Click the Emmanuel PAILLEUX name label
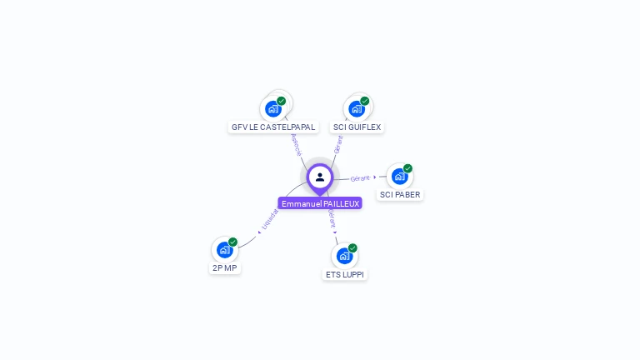click(x=320, y=203)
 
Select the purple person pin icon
click(x=320, y=177)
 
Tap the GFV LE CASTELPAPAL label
click(x=273, y=127)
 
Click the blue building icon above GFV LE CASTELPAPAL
click(x=272, y=109)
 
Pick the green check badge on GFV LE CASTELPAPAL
click(x=282, y=101)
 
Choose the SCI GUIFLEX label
click(x=357, y=127)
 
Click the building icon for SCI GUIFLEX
click(x=357, y=109)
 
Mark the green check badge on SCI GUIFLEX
click(x=365, y=101)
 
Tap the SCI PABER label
click(x=400, y=195)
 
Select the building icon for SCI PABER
click(x=400, y=177)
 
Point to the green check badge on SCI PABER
click(x=408, y=168)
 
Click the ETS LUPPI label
click(x=345, y=274)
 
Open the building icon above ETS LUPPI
click(x=344, y=256)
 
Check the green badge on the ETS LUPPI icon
click(x=353, y=247)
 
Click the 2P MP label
click(x=225, y=268)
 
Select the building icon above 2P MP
click(x=224, y=250)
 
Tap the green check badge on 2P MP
click(x=233, y=242)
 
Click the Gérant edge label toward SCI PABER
click(x=360, y=178)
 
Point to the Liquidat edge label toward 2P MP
click(x=269, y=219)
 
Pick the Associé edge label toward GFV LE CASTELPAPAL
click(x=296, y=143)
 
